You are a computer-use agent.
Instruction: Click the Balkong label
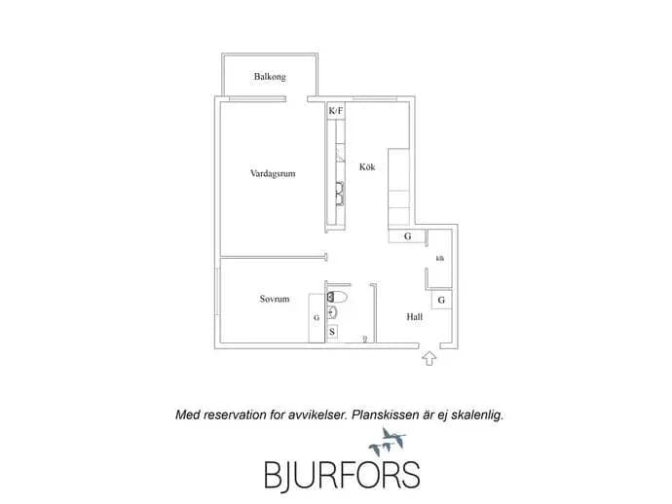click(270, 77)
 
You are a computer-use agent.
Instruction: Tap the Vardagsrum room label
click(273, 173)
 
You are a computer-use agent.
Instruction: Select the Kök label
click(367, 166)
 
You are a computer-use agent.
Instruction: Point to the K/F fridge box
click(336, 111)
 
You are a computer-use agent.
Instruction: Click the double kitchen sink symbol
click(340, 194)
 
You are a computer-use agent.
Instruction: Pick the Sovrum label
click(275, 299)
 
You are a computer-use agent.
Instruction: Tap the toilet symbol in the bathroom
click(337, 296)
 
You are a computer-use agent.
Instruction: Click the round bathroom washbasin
click(332, 312)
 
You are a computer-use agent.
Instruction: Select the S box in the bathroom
click(332, 332)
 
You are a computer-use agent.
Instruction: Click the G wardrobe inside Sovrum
click(317, 318)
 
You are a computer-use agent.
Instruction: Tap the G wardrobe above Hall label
click(441, 301)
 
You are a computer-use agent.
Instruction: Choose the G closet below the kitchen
click(407, 235)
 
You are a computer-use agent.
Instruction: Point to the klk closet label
click(439, 258)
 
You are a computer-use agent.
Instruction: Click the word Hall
click(415, 317)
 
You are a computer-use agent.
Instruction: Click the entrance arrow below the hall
click(429, 358)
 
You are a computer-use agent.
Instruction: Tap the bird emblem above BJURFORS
click(388, 442)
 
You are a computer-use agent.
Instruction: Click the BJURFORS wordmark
click(342, 475)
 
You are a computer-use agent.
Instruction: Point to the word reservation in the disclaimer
click(235, 414)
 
